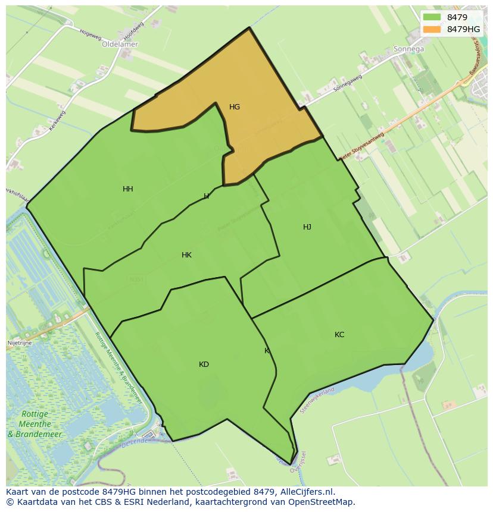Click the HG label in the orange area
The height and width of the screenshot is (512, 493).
[x=235, y=107]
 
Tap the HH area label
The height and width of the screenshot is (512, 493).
[x=127, y=189]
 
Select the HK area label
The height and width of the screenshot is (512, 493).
[x=186, y=255]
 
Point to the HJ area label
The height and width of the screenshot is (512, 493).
[x=307, y=227]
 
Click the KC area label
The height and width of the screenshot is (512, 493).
[x=339, y=335]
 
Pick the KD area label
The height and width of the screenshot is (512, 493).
[x=204, y=365]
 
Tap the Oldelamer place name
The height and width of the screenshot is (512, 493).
[x=120, y=44]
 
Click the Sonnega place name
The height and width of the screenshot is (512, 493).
[x=408, y=49]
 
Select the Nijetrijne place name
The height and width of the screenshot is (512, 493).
[x=20, y=343]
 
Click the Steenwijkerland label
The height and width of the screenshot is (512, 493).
[x=318, y=400]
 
